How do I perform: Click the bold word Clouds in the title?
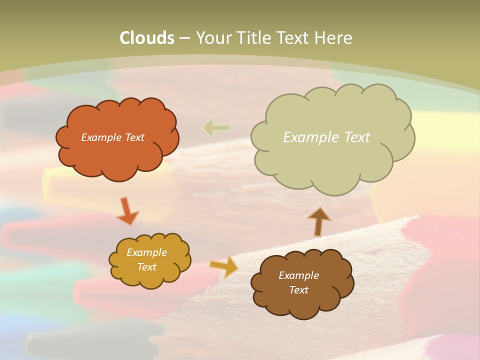click(x=147, y=38)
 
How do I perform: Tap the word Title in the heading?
click(x=256, y=38)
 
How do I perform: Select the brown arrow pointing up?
click(x=318, y=221)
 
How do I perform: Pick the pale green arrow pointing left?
click(x=216, y=128)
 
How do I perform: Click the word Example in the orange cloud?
click(x=101, y=137)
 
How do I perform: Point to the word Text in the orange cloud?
click(x=134, y=137)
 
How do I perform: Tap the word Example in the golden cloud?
click(x=146, y=252)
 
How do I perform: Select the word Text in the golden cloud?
click(x=146, y=267)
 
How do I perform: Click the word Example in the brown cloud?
click(x=298, y=275)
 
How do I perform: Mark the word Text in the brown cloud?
click(x=298, y=290)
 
